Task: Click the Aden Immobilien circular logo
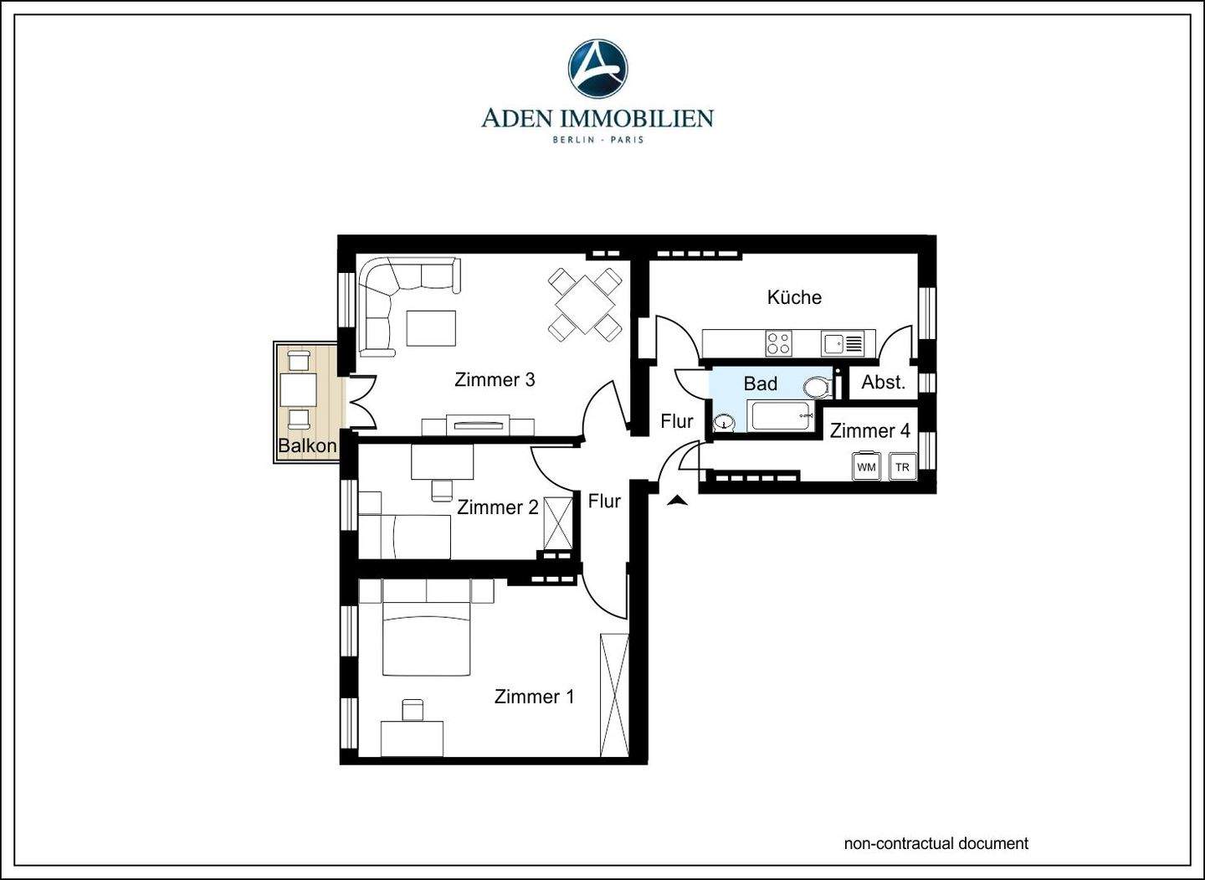coord(597,69)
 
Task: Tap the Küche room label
coord(794,297)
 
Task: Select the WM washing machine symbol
coord(866,466)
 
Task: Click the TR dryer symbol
coord(902,466)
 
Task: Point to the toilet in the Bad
coord(818,387)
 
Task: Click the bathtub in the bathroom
coord(782,415)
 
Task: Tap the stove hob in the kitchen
coord(779,342)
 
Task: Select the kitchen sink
coord(843,342)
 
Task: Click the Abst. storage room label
coord(884,382)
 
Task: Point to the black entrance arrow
coord(677,501)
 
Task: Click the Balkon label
coord(307,445)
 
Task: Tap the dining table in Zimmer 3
coord(585,305)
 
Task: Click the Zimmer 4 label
coord(870,430)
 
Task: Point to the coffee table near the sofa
coord(432,327)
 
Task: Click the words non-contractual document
coord(936,843)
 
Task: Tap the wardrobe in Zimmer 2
coord(558,523)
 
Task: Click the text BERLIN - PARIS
coord(597,140)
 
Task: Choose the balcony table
coord(298,390)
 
